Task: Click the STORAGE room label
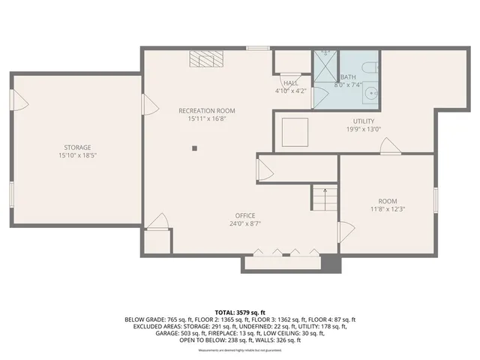tap(77, 147)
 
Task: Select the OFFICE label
tap(246, 215)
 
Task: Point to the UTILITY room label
tap(364, 121)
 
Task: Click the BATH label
tap(348, 76)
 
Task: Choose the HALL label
tap(290, 82)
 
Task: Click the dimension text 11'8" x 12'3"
tap(387, 209)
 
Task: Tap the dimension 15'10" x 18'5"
tap(77, 155)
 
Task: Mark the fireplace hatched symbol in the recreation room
tap(201, 59)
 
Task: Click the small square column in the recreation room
tap(194, 148)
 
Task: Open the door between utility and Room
tap(390, 147)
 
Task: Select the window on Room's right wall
tap(435, 200)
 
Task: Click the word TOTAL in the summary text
tap(225, 311)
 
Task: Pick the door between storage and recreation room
tap(151, 105)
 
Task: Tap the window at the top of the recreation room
tap(258, 48)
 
